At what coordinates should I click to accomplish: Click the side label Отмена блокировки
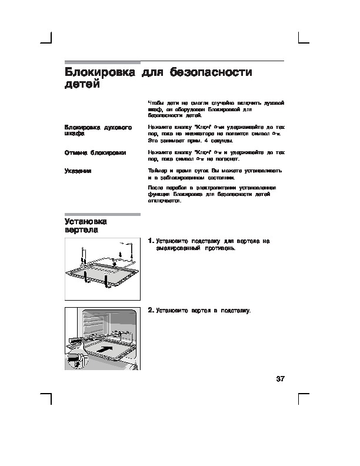pos(95,152)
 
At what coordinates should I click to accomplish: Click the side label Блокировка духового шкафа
pos(98,130)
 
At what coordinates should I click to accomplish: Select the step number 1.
pos(151,241)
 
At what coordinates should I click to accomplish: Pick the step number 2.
pos(151,309)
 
